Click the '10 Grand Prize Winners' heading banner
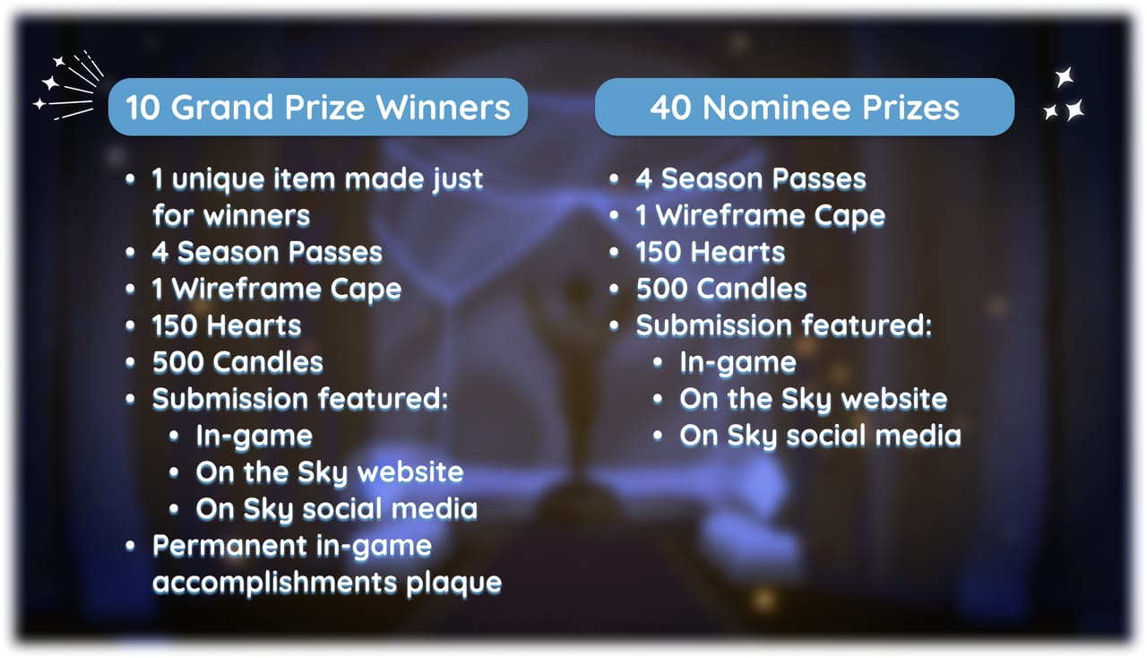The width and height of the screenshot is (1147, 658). [x=318, y=107]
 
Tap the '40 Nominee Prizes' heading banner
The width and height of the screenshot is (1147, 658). [x=805, y=107]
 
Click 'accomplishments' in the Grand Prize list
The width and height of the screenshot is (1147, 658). [x=275, y=584]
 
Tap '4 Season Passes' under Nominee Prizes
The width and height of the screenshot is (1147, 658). [x=751, y=179]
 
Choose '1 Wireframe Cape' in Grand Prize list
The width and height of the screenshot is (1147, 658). [x=277, y=290]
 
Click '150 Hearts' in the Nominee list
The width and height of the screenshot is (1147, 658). [x=711, y=253]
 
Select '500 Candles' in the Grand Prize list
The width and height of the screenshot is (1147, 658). [x=237, y=362]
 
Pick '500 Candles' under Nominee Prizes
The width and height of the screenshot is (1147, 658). [x=721, y=289]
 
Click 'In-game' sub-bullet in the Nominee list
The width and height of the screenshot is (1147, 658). [x=737, y=364]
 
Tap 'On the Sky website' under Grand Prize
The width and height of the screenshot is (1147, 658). [x=330, y=472]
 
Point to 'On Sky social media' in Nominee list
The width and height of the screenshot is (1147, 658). [x=820, y=437]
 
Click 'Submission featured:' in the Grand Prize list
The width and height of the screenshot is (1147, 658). [x=300, y=399]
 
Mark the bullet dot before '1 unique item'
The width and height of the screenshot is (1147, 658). [x=130, y=179]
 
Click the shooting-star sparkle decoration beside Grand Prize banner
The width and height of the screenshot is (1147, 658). [x=68, y=85]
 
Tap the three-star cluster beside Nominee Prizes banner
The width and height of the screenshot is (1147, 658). [x=1065, y=95]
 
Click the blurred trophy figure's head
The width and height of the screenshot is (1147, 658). [x=578, y=290]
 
